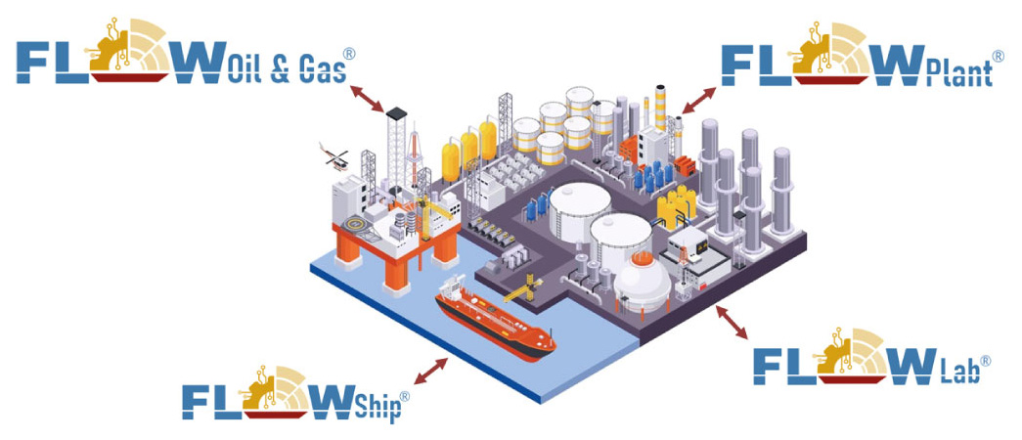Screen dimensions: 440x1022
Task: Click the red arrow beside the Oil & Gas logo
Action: (368, 98)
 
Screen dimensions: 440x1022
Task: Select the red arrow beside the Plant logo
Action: (698, 99)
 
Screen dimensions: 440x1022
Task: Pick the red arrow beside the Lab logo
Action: (733, 322)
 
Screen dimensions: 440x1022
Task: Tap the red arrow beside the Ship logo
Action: (431, 370)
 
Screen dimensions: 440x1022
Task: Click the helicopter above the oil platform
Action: (334, 154)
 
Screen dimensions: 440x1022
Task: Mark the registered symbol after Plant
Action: (999, 57)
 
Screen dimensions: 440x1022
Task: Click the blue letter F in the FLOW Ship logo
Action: (200, 399)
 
